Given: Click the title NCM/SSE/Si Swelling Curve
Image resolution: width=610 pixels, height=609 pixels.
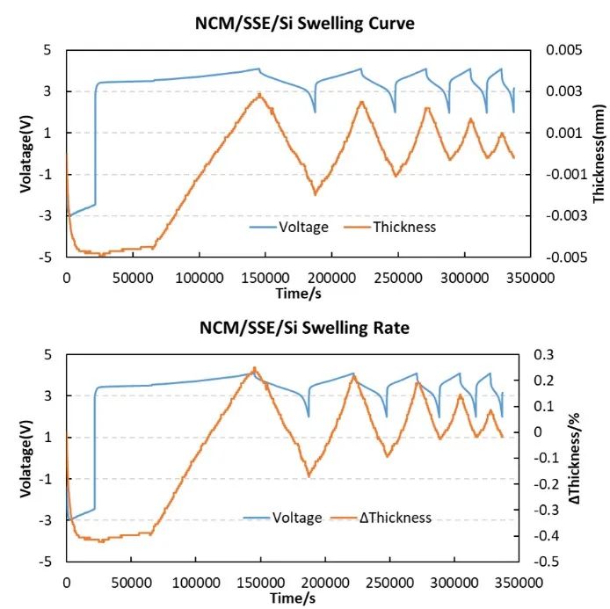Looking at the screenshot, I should (x=304, y=23).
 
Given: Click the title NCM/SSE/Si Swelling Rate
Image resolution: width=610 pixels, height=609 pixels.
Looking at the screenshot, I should (x=304, y=328).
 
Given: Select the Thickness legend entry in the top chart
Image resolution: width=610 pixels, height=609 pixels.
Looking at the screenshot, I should (x=403, y=227).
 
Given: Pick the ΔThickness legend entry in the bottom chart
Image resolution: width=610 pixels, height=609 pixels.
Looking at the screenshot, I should (x=396, y=518).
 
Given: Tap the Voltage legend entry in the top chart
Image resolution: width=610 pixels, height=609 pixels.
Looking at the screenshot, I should (x=303, y=227).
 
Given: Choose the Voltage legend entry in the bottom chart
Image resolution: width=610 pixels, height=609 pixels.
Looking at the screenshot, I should (x=297, y=518).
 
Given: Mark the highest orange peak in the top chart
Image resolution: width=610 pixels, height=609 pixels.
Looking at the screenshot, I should (x=259, y=94).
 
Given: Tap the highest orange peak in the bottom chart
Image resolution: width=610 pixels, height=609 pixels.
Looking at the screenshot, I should (x=254, y=368).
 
